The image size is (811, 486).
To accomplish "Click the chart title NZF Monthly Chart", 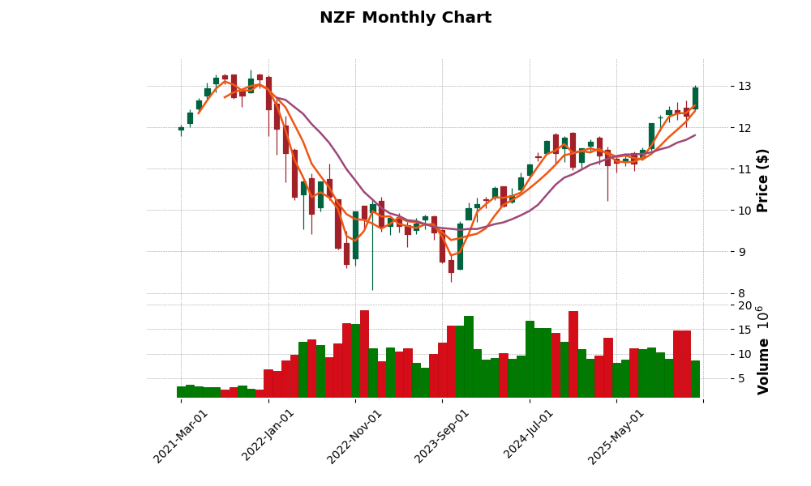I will [x=405, y=18].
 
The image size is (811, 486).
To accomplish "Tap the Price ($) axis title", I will [x=762, y=180].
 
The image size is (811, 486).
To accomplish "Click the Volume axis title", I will [x=762, y=350].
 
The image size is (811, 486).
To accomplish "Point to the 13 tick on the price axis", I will [x=744, y=87].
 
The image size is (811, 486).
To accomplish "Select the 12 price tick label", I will [x=744, y=128].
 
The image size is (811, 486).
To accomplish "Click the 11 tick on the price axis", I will [x=744, y=169].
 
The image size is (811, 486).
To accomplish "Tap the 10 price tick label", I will [x=744, y=211].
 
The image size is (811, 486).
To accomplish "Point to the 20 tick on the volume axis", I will [x=744, y=305].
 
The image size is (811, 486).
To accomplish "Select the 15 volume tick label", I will [x=744, y=330].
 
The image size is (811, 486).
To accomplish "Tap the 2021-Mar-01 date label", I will [x=181, y=436].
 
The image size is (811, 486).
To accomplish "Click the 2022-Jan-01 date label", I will [x=268, y=436].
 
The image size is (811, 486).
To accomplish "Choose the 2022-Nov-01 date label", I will [x=355, y=436].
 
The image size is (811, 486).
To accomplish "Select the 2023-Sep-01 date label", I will [x=442, y=436].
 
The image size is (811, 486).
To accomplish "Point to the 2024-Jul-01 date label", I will [x=529, y=436].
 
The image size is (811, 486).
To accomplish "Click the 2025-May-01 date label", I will [x=616, y=436].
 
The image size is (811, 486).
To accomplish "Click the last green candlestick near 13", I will [x=695, y=98].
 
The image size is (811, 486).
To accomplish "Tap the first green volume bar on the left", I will [x=182, y=392].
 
